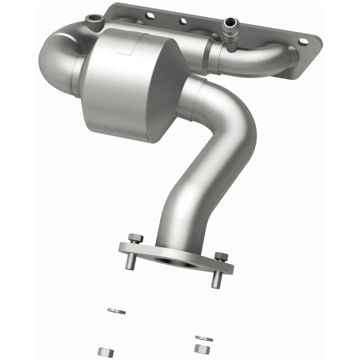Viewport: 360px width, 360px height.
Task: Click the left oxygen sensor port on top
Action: pyautogui.click(x=93, y=20)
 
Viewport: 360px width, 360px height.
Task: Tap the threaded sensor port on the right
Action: pyautogui.click(x=229, y=24)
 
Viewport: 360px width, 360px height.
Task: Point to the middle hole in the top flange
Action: pyautogui.click(x=183, y=21)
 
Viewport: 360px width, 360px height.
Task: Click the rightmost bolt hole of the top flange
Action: pyautogui.click(x=302, y=41)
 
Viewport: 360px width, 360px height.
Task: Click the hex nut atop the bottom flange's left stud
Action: pyautogui.click(x=135, y=239)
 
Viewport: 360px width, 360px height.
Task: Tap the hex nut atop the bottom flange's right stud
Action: pyautogui.click(x=221, y=256)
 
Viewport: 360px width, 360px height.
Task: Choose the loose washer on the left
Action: pyautogui.click(x=116, y=311)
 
